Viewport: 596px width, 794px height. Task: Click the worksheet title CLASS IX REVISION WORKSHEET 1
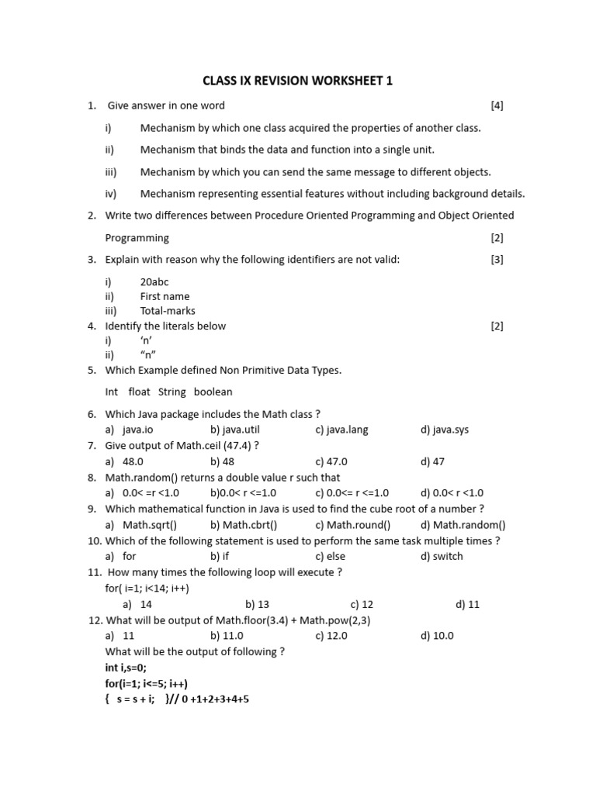[297, 80]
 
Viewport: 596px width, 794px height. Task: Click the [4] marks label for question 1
[497, 105]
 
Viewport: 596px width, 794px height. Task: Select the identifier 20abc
[156, 281]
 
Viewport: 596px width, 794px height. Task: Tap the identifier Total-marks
[168, 311]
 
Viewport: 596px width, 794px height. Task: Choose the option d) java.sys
[445, 430]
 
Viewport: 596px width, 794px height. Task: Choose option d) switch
[442, 556]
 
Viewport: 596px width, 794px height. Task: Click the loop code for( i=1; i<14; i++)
[147, 588]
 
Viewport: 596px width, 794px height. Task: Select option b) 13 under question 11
[257, 604]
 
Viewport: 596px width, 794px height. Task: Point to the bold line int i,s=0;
[126, 668]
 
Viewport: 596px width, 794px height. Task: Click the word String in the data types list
[172, 392]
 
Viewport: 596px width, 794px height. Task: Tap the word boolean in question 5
[213, 392]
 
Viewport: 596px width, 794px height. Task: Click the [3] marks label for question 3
[497, 260]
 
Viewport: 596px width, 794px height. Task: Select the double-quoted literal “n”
[148, 355]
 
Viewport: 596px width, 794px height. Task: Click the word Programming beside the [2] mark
[137, 238]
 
